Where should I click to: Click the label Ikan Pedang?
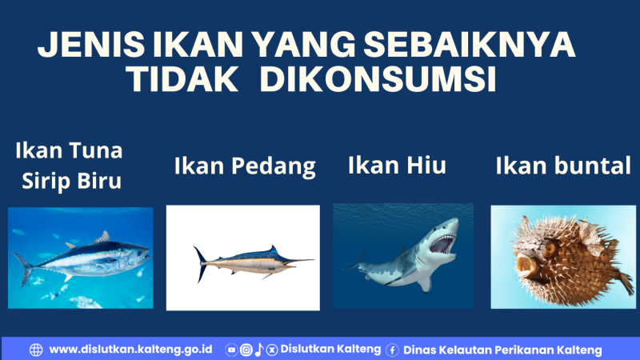coord(245,167)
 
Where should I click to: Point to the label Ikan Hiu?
coord(397,166)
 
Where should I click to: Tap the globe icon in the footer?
coord(36,350)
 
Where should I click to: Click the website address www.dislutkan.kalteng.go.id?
coord(130,350)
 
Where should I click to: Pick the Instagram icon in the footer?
coord(246,350)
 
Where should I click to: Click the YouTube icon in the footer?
coord(232,350)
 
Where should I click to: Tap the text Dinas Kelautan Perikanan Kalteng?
coord(502,350)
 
